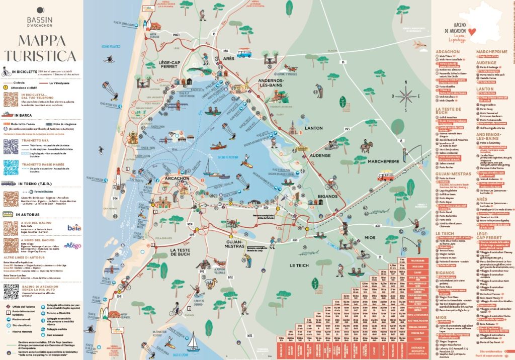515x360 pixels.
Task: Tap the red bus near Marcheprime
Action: coord(386,175)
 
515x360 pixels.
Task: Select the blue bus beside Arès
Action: coord(244,52)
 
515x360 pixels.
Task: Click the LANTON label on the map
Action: coord(314,128)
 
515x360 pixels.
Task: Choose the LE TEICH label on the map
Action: coord(299,265)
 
